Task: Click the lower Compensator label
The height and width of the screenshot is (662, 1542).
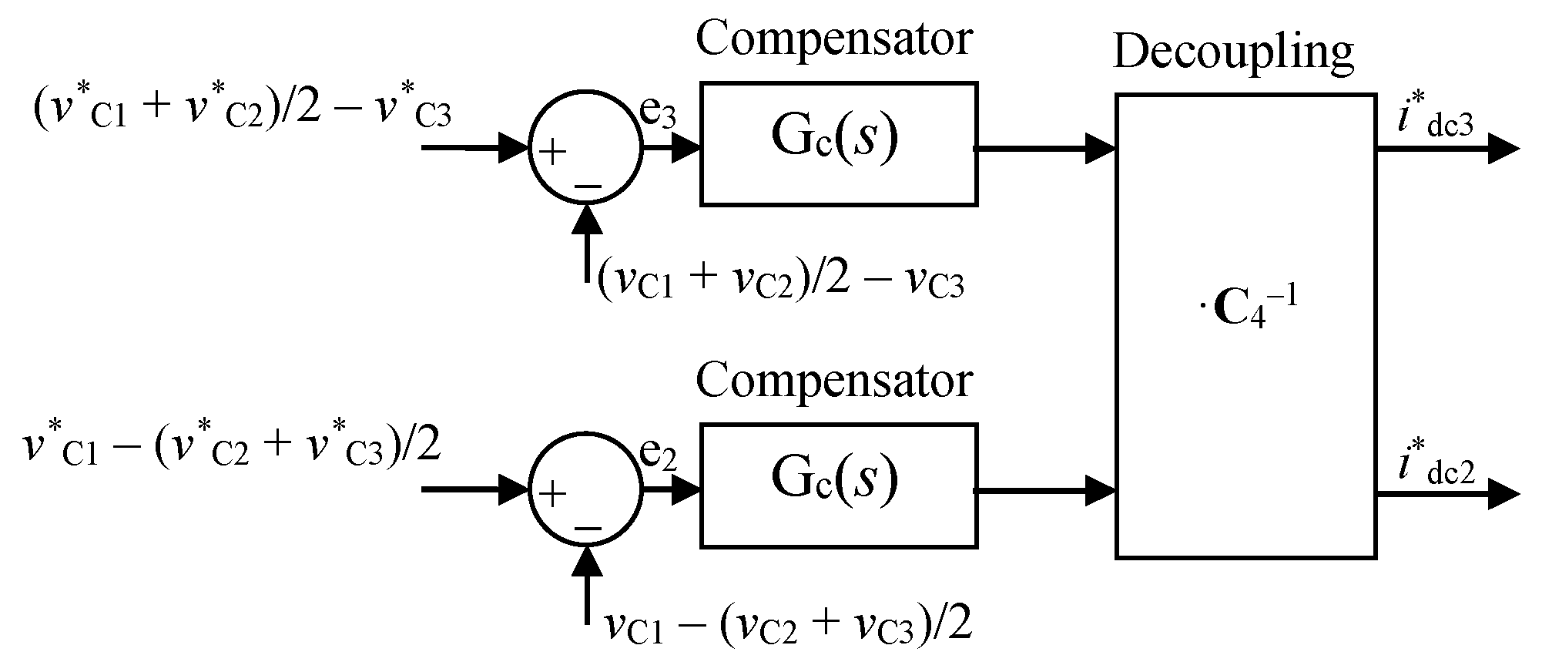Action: click(x=833, y=381)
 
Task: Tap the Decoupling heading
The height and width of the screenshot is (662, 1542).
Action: click(x=1233, y=52)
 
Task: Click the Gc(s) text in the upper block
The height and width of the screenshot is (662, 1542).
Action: click(x=835, y=140)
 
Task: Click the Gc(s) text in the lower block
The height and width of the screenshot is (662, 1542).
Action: click(x=835, y=482)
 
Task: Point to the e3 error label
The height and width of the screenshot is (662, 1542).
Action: click(x=659, y=116)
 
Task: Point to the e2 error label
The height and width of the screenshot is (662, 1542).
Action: click(x=659, y=459)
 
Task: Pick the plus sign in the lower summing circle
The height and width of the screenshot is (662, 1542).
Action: click(x=551, y=493)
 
